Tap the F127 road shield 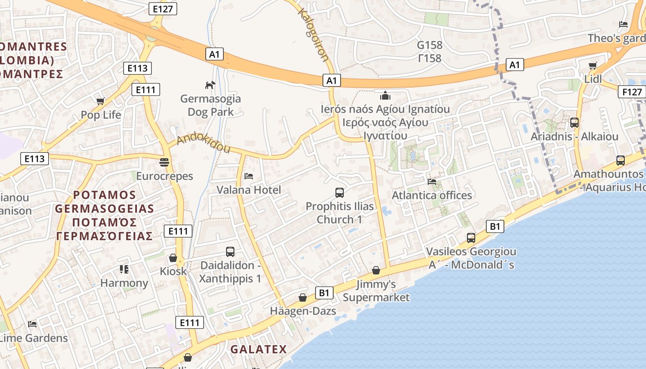coord(632,92)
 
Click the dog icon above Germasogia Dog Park coord(210,85)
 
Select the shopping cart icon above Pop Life coord(100,101)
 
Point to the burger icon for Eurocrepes coord(164,162)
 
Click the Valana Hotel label coord(249,190)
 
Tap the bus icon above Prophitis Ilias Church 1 coord(340,192)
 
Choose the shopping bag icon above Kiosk coord(173,257)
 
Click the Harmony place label coord(124,283)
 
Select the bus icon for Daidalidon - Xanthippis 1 coord(230,252)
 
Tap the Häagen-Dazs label coord(303,311)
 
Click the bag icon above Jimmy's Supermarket coord(376,270)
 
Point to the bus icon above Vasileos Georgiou coord(471,238)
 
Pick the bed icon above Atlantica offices coord(432,181)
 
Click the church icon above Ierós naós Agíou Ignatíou coord(385,95)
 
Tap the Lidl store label coord(593,79)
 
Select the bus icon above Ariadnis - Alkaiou coord(574,123)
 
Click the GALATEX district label coord(258,349)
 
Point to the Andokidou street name coord(203,143)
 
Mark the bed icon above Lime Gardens coord(32,324)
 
